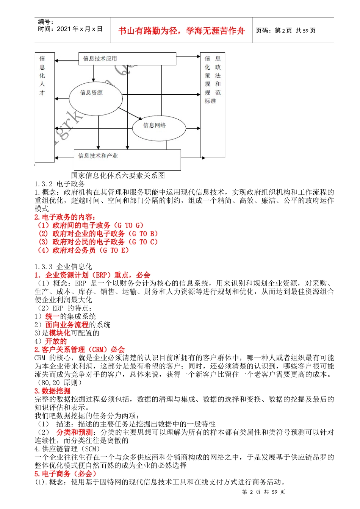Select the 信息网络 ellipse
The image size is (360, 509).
pyautogui.click(x=159, y=128)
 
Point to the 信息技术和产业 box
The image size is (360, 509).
pyautogui.click(x=127, y=160)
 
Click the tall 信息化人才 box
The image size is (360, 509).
pyautogui.click(x=44, y=107)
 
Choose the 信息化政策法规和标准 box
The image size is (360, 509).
pyautogui.click(x=212, y=105)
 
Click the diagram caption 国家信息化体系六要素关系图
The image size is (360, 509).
pyautogui.click(x=118, y=175)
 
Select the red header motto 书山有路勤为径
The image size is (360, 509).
pyautogui.click(x=182, y=31)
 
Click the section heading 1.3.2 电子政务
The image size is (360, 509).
pyautogui.click(x=60, y=184)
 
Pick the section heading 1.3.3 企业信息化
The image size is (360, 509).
pyautogui.click(x=63, y=267)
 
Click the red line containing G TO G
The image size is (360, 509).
pyautogui.click(x=90, y=225)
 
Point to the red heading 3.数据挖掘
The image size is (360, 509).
pyautogui.click(x=52, y=391)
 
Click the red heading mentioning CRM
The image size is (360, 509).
pyautogui.click(x=80, y=350)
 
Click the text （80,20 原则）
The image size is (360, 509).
pyautogui.click(x=58, y=383)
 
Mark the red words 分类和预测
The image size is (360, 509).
pyautogui.click(x=75, y=432)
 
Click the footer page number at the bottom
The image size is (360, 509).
pyautogui.click(x=263, y=492)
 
